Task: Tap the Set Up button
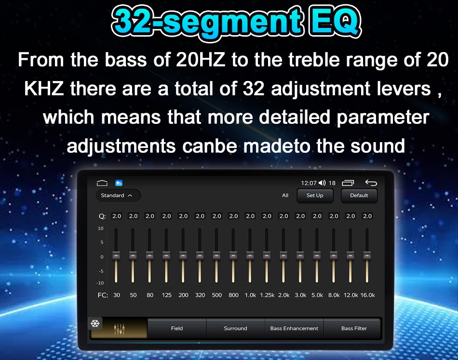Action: tap(315, 195)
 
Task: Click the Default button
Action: tap(359, 195)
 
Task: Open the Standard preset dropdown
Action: tap(118, 195)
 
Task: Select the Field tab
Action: tap(177, 328)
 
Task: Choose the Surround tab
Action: tap(235, 328)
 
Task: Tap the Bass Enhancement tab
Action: tap(294, 328)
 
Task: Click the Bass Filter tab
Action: tap(354, 328)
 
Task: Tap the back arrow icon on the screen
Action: tap(371, 183)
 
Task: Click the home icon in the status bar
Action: tap(102, 183)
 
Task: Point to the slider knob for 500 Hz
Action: tap(216, 255)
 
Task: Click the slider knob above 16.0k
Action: tap(367, 255)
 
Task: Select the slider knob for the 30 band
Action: tap(116, 255)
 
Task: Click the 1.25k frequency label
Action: tap(267, 295)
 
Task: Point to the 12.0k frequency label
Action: tap(350, 295)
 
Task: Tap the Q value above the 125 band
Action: tap(166, 216)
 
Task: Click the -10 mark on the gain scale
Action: tap(100, 283)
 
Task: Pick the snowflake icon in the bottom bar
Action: tap(95, 323)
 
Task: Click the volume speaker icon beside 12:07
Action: tap(322, 183)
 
